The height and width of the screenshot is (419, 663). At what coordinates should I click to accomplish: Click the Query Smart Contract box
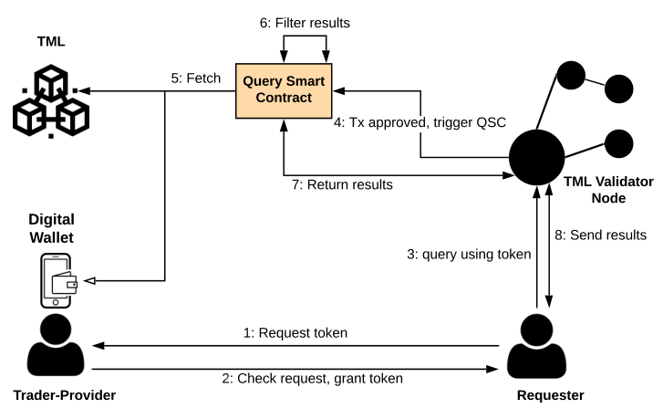click(284, 90)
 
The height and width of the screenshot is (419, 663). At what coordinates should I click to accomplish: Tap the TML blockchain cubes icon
click(51, 101)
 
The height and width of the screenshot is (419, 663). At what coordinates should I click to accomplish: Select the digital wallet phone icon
click(58, 280)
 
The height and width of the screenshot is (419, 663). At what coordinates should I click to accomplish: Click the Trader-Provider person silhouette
click(56, 344)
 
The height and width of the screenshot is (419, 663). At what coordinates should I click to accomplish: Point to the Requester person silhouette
click(536, 346)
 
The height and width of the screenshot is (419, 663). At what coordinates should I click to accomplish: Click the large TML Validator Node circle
click(536, 157)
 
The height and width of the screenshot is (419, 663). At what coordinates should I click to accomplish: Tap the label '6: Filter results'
click(305, 23)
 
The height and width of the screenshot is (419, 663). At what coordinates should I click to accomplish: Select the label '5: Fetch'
click(196, 79)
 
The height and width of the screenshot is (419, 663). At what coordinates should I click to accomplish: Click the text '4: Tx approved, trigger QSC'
click(420, 122)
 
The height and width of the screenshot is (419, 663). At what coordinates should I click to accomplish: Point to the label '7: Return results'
click(342, 184)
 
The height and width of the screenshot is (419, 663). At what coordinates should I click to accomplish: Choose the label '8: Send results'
click(600, 235)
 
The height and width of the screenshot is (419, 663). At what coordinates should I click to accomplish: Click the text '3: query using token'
click(469, 255)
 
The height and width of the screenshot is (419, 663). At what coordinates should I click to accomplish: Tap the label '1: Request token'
click(295, 332)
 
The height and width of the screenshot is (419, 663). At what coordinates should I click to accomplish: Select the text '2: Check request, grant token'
click(313, 378)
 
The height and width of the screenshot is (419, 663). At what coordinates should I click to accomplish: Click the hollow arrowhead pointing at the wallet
click(89, 280)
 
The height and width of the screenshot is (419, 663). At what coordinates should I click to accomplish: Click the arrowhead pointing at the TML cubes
click(84, 90)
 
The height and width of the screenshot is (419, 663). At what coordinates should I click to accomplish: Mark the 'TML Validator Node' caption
click(608, 190)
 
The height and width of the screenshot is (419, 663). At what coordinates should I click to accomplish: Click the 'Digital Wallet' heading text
click(52, 228)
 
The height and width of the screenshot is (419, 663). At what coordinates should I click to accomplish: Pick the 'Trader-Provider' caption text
click(65, 395)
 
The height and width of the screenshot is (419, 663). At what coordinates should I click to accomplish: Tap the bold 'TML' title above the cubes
click(51, 41)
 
